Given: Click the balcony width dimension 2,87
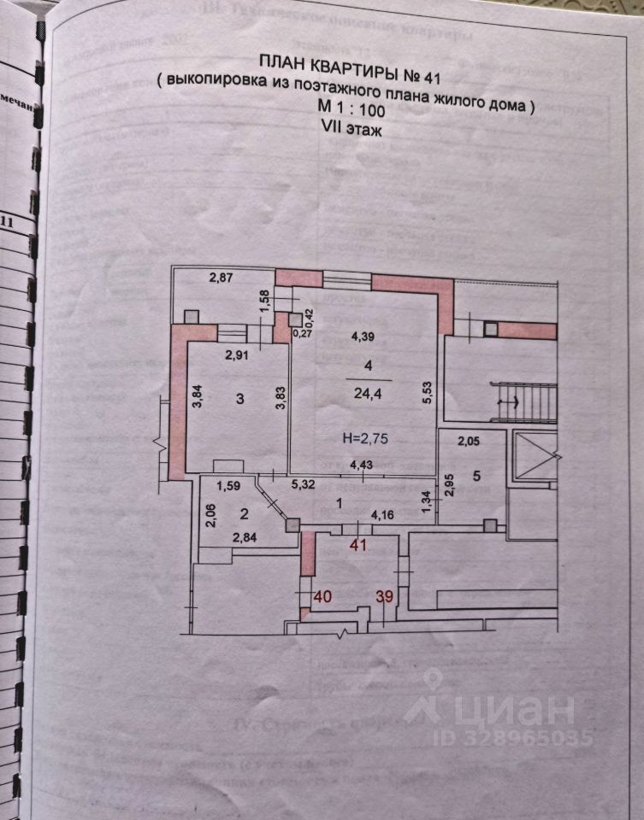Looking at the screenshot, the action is (x=222, y=278).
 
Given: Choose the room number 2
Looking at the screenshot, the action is (x=243, y=513).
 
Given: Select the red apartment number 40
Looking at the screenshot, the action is (x=322, y=597).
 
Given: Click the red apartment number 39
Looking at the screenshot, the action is (x=384, y=597).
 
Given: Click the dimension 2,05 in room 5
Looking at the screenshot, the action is (x=468, y=442).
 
